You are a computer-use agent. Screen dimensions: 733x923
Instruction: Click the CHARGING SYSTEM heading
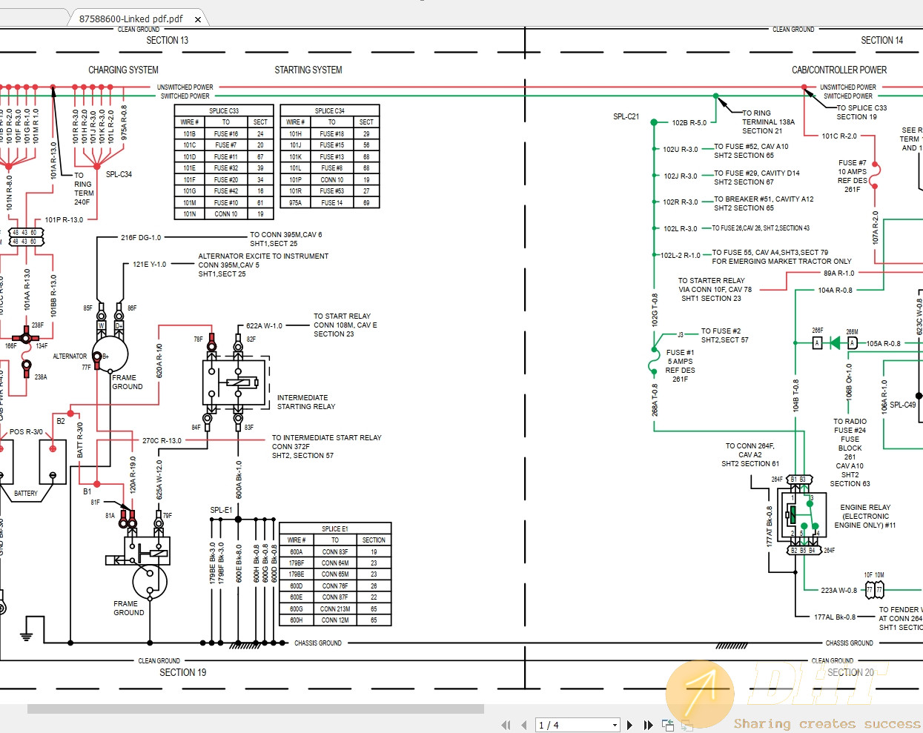123,70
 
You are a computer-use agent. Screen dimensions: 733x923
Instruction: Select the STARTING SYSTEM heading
308,70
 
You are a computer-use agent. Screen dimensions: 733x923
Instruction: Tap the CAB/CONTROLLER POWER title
839,70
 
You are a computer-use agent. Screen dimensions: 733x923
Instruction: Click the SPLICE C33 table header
224,110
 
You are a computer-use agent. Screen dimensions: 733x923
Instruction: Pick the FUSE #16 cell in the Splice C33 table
226,134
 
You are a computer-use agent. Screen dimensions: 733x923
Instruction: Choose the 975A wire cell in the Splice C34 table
296,202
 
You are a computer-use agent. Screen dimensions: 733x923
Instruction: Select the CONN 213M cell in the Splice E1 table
335,609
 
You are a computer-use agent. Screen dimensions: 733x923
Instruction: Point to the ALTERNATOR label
70,356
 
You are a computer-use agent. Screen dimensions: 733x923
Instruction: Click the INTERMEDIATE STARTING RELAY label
305,402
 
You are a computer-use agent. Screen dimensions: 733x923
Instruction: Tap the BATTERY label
26,494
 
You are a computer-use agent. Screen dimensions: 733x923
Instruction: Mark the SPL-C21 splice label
626,116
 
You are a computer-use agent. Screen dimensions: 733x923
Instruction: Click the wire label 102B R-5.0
689,123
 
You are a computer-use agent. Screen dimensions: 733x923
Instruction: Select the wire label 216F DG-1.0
141,238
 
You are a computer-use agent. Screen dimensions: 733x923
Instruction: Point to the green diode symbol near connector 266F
836,342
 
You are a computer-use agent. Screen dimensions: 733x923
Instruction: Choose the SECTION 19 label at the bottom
182,672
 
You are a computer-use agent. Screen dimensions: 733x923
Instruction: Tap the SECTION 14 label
881,41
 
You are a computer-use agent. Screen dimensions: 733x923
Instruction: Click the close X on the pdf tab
198,19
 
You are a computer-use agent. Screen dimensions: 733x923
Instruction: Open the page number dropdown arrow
615,725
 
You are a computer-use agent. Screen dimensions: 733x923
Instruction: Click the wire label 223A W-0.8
838,591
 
